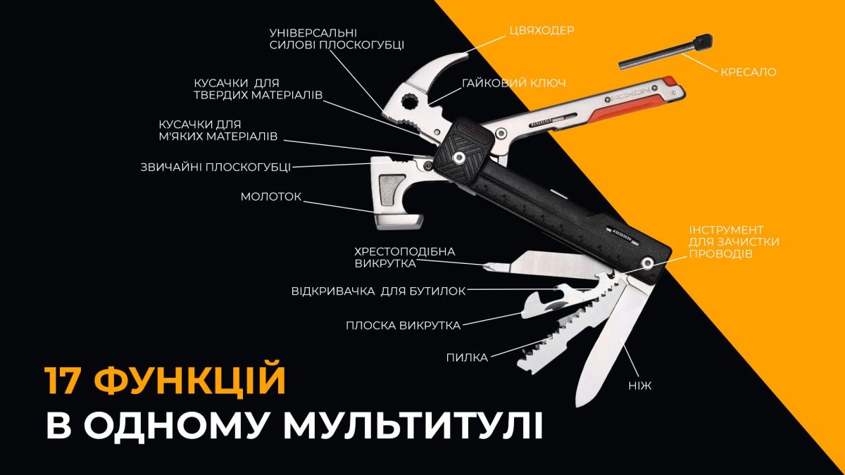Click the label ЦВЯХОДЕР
click(542, 30)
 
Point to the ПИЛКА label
click(466, 357)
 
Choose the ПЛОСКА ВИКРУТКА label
click(403, 325)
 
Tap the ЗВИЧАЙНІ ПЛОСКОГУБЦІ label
click(215, 167)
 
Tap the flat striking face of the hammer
click(398, 224)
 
